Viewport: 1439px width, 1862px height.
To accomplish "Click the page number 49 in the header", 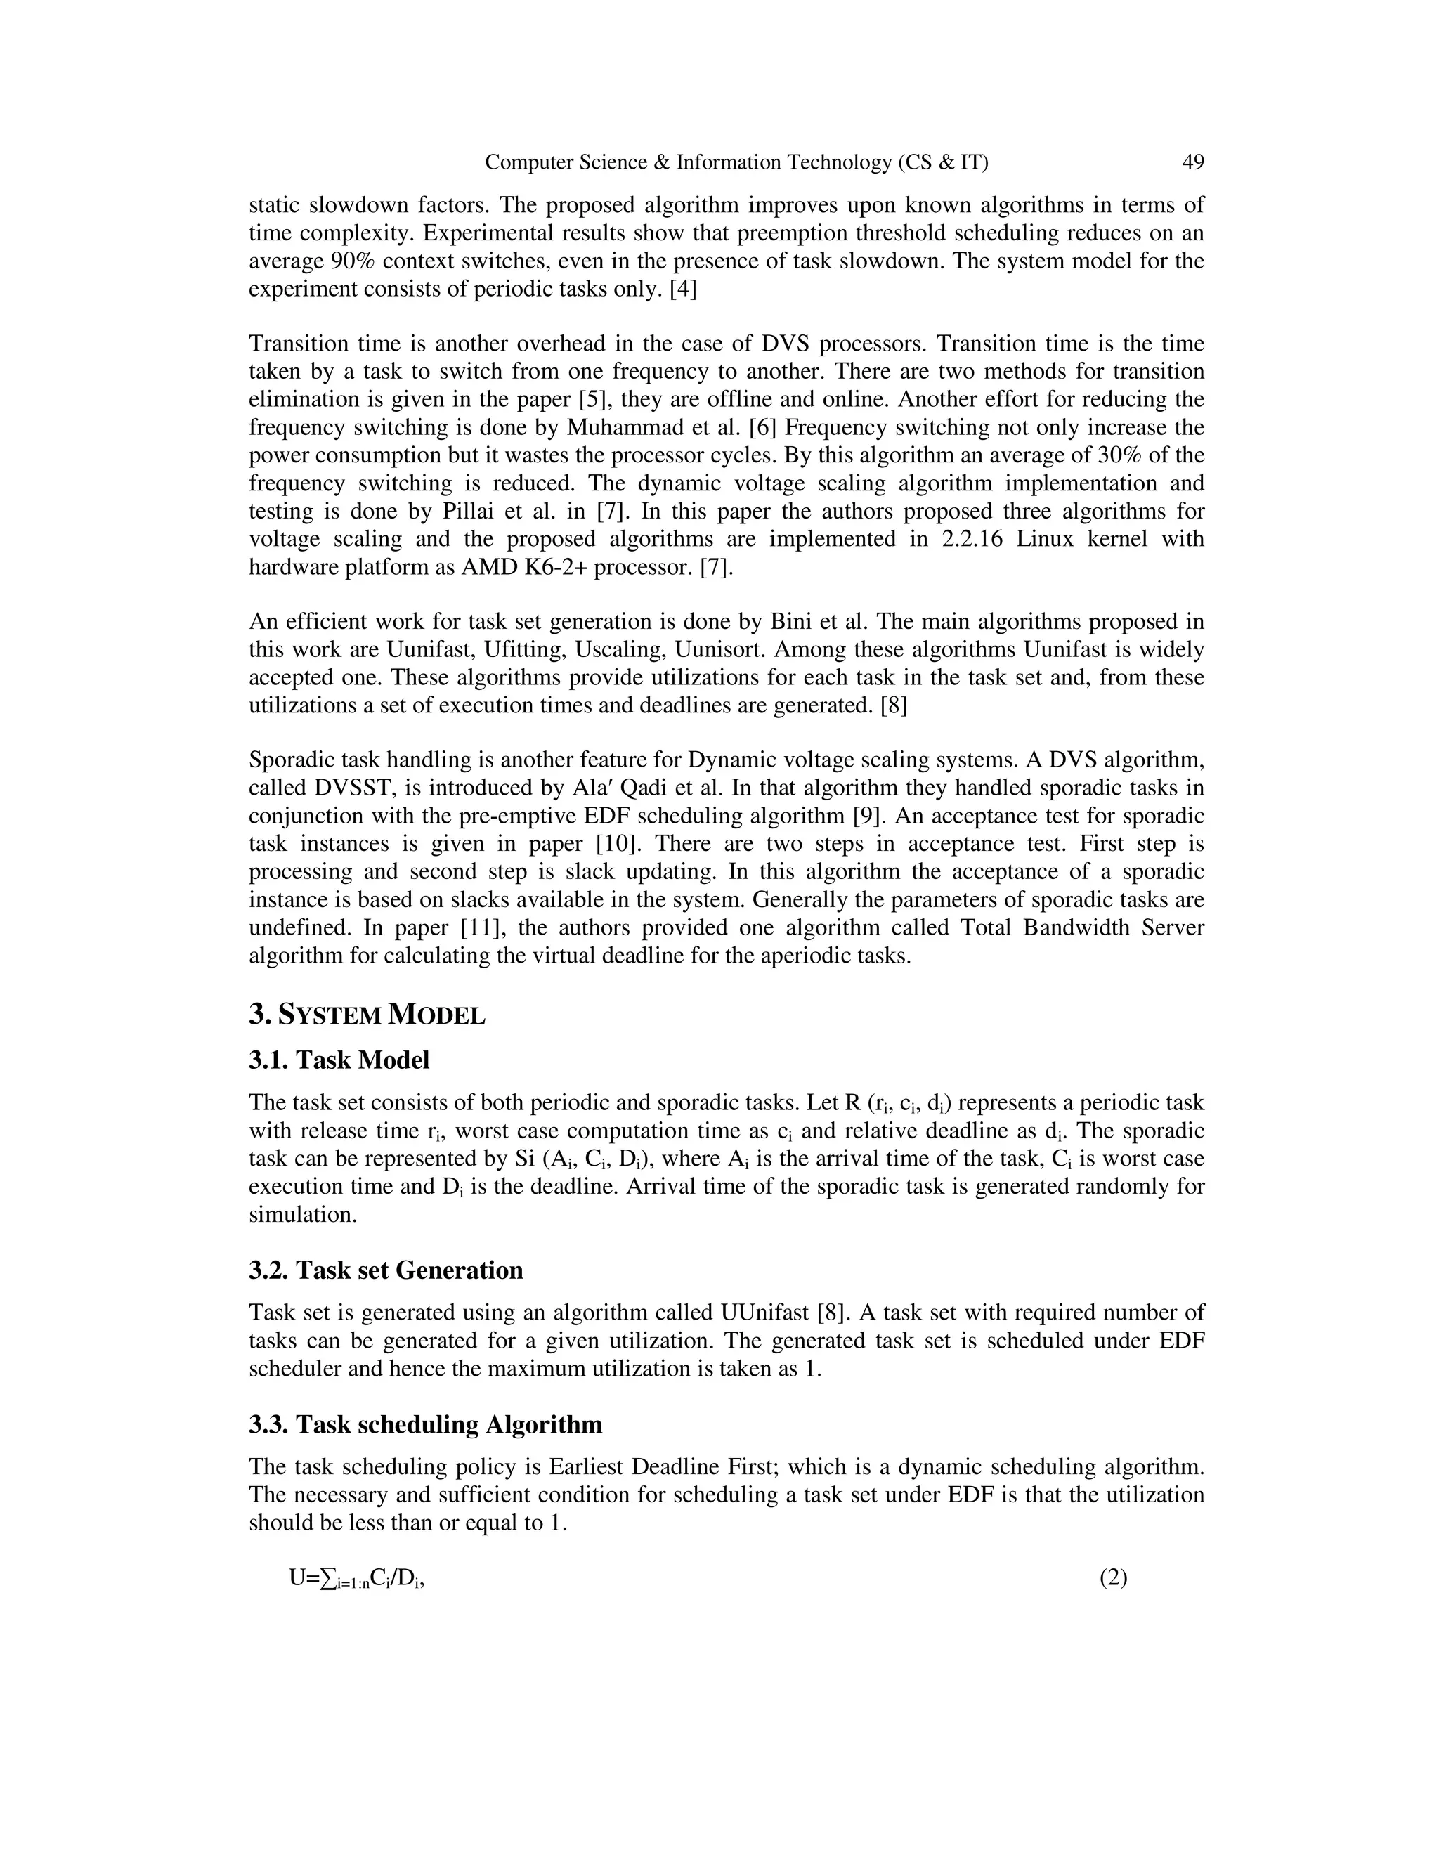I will click(1192, 162).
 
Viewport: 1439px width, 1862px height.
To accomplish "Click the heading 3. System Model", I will click(367, 1015).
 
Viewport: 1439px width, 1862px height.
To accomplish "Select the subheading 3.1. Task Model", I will click(339, 1060).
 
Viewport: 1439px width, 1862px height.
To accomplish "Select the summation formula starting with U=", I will click(356, 1579).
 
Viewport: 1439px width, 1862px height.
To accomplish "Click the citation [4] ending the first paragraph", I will click(682, 289).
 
